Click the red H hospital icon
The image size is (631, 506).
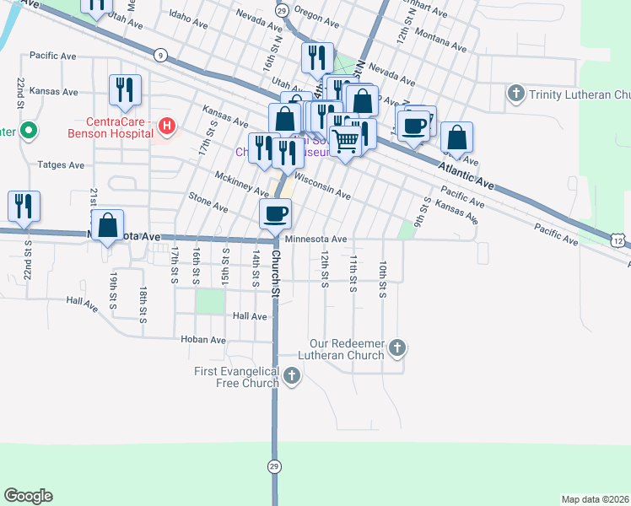pos(167,127)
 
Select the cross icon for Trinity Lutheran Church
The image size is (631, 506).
pos(516,94)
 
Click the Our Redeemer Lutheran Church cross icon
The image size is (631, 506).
pos(398,347)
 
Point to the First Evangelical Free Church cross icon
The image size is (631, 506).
pos(292,376)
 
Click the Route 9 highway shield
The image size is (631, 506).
pos(159,55)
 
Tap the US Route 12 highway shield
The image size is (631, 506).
pos(619,242)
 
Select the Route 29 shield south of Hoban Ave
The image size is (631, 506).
pos(274,465)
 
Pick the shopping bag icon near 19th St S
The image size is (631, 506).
pos(107,225)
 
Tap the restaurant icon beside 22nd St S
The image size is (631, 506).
pos(24,207)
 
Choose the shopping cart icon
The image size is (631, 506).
pos(344,142)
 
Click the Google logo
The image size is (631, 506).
pos(28,496)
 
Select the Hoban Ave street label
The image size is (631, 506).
pos(203,340)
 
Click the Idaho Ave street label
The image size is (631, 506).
pos(188,15)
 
